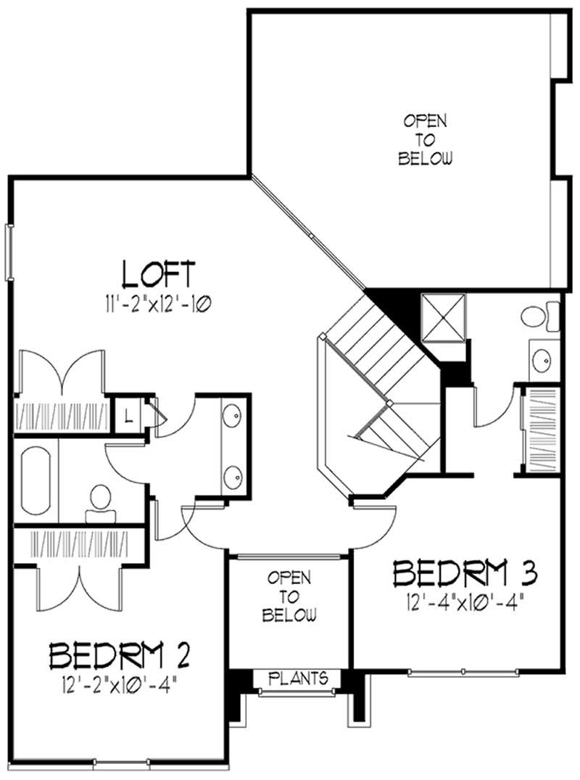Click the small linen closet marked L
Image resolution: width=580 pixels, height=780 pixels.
(128, 416)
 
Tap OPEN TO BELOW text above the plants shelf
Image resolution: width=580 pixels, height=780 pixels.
(289, 597)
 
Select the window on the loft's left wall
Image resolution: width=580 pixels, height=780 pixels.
(9, 251)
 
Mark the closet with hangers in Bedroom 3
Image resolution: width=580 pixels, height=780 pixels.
(541, 433)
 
